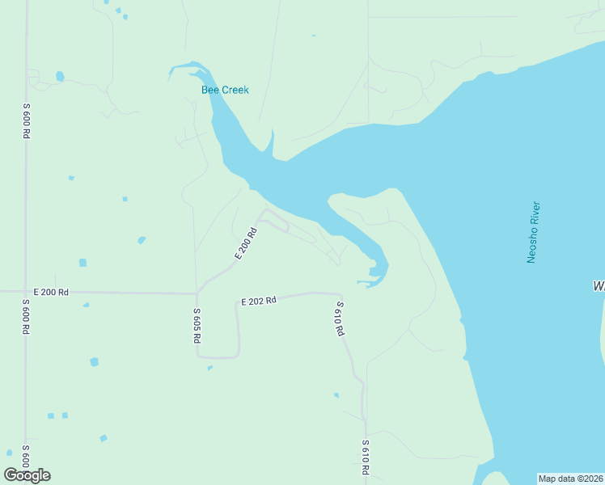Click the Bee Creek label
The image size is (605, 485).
tap(225, 90)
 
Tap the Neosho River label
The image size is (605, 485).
tap(533, 232)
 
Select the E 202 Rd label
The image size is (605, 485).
tap(259, 301)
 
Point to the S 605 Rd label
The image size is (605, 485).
tap(197, 327)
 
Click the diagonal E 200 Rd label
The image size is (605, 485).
tap(246, 243)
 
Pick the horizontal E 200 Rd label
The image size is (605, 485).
tap(51, 291)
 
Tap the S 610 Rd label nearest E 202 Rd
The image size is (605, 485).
tap(341, 318)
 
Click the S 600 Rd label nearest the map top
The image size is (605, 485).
tap(27, 121)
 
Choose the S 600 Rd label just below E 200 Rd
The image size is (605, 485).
tap(27, 317)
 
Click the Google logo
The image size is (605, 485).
tap(27, 475)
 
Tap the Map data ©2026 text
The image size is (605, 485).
tap(570, 479)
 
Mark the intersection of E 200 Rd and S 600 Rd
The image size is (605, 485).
tap(26, 291)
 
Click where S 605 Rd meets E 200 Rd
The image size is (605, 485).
tap(197, 293)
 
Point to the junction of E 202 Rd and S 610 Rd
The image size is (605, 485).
tap(341, 294)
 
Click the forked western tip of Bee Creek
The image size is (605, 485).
tap(171, 72)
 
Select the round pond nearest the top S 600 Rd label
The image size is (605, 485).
tap(60, 77)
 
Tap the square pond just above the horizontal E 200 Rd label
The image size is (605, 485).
tap(82, 263)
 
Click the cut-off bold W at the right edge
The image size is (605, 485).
tap(599, 286)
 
